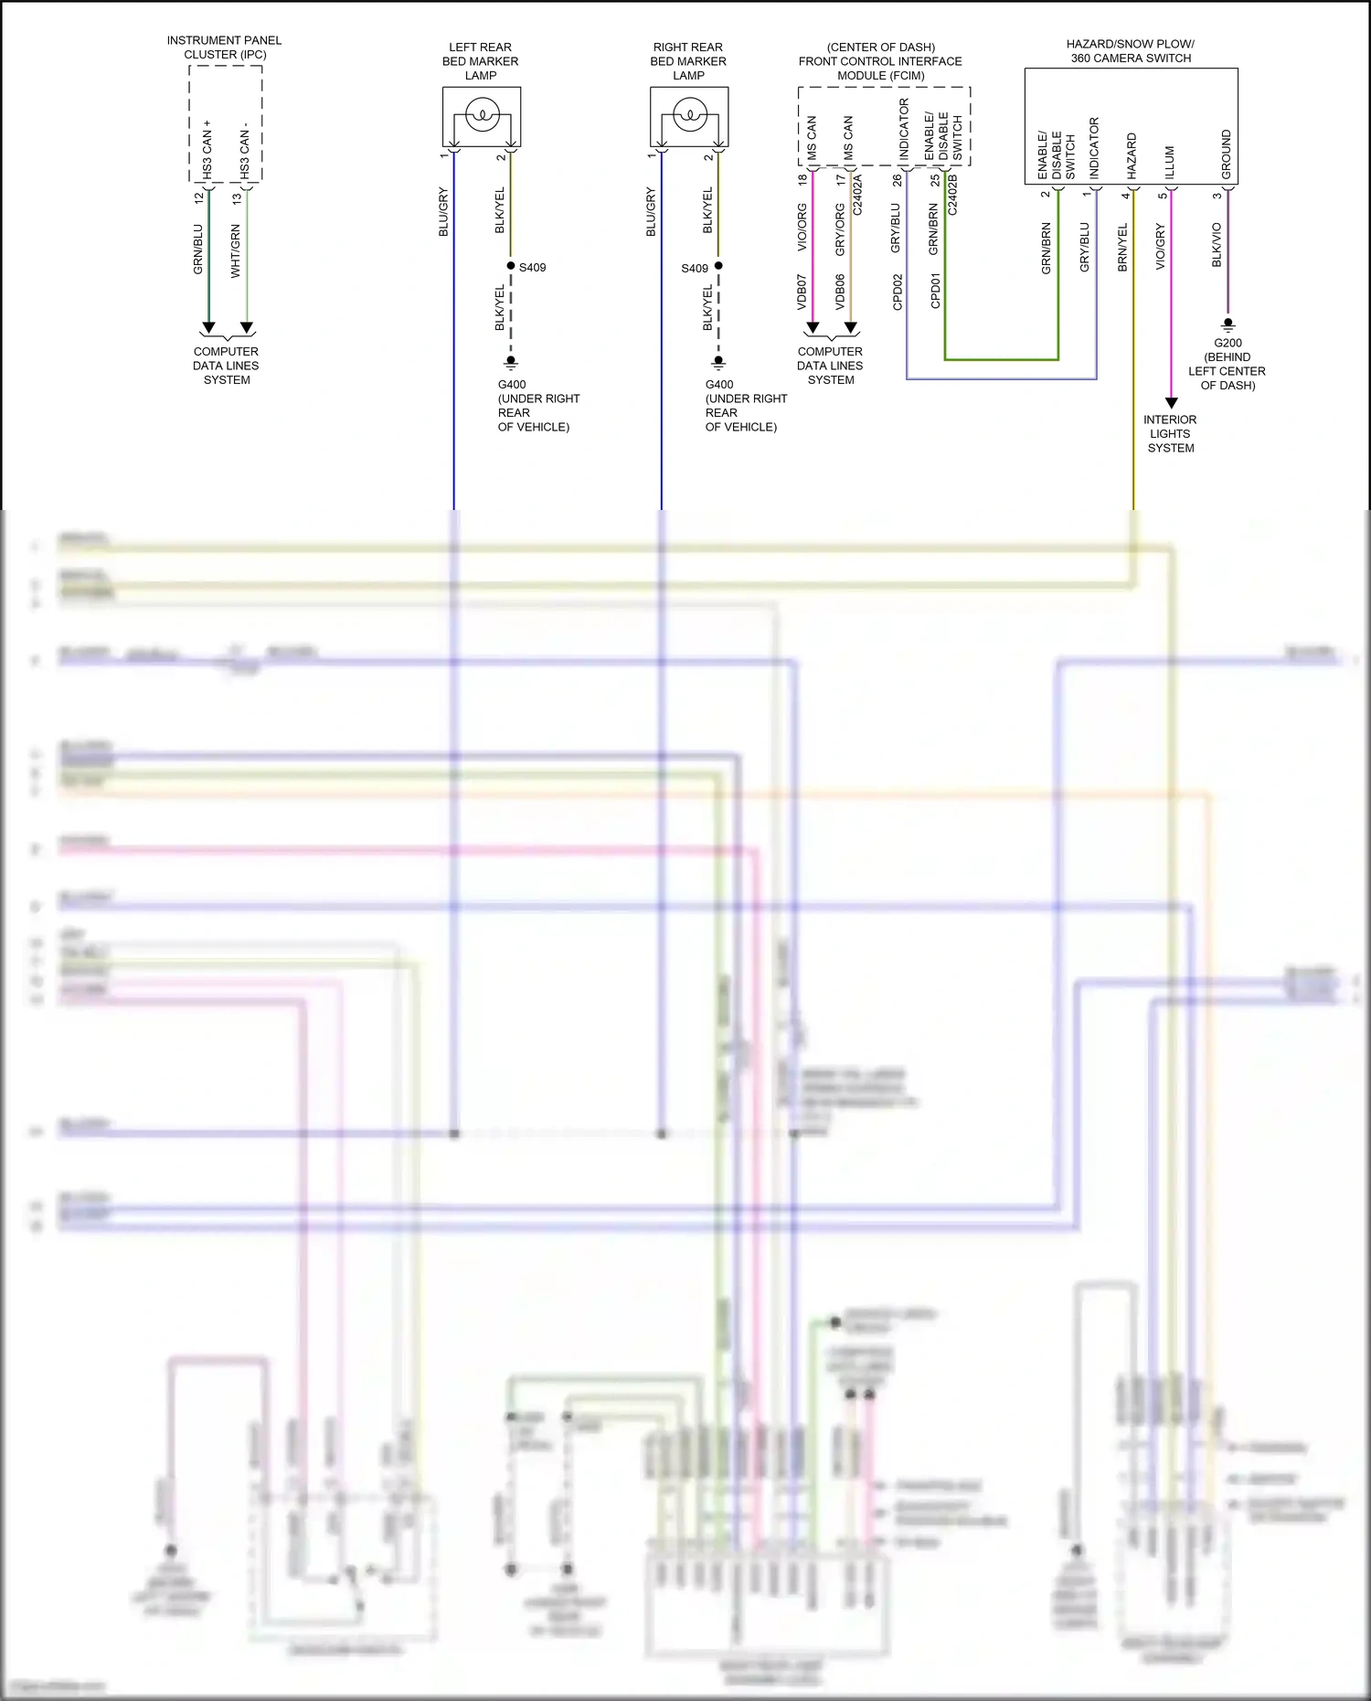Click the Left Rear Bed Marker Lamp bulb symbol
pos(482,116)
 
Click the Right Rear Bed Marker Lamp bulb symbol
pos(690,116)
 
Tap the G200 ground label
pos(1228,343)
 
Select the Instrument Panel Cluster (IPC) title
pos(225,48)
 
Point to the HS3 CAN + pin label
pos(207,149)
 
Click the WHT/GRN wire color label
pos(236,250)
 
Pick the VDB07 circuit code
pos(802,291)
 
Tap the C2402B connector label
pos(952,195)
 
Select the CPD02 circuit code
pos(898,292)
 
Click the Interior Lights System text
pos(1170,433)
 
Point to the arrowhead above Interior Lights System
pos(1172,403)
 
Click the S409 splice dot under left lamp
pos(511,266)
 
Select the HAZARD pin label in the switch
pos(1132,155)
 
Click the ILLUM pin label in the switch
pos(1169,162)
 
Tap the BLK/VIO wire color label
pos(1217,245)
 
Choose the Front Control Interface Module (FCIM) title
pos(880,61)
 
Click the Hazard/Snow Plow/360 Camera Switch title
pos(1131,50)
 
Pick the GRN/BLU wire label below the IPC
pos(198,249)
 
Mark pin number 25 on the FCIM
pos(935,180)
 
